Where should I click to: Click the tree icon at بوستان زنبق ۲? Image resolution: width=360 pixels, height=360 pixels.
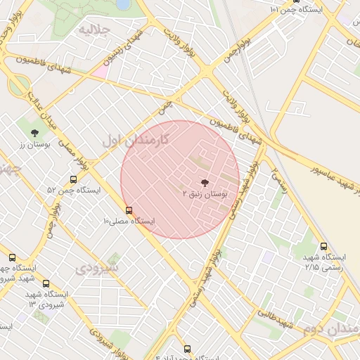pyautogui.click(x=205, y=181)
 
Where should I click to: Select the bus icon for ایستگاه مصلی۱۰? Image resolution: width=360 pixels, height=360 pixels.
pyautogui.click(x=129, y=210)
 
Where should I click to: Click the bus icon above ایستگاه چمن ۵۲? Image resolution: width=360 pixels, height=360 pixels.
pyautogui.click(x=74, y=179)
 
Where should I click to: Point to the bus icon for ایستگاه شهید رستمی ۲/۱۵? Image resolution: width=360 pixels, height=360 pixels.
pyautogui.click(x=323, y=246)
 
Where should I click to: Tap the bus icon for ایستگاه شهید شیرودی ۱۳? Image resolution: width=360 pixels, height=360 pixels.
pyautogui.click(x=46, y=283)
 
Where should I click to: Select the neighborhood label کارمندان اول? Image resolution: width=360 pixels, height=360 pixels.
pyautogui.click(x=135, y=139)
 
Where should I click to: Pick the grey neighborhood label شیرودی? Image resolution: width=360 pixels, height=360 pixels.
pyautogui.click(x=97, y=268)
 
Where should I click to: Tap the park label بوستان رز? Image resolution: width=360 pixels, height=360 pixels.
pyautogui.click(x=32, y=143)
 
